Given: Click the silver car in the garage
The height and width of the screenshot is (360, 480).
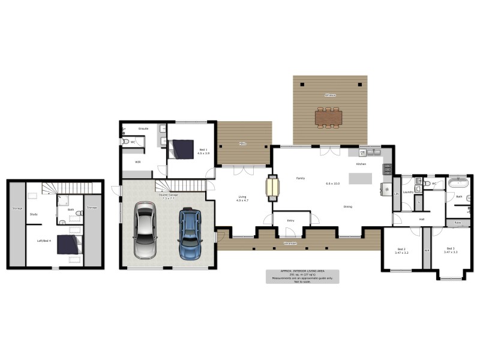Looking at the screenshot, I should click(x=145, y=230).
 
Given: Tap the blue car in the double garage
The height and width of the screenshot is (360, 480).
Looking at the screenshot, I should click(x=190, y=233).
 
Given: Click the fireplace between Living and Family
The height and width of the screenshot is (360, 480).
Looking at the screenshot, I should click(x=272, y=187).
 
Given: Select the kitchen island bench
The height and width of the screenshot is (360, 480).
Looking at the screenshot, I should click(x=361, y=179).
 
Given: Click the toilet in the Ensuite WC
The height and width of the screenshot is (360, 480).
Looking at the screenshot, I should click(x=126, y=142).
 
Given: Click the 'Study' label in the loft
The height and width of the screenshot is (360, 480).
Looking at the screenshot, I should click(x=34, y=214).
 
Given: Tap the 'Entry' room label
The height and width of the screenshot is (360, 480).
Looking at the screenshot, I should click(x=290, y=220).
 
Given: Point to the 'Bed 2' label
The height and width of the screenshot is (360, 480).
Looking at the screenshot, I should click(x=401, y=249).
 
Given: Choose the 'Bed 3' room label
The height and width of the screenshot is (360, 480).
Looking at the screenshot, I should click(x=451, y=249).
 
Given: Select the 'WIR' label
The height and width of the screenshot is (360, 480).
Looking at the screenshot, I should click(x=137, y=162).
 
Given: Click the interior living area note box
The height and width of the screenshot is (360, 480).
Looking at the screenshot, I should click(x=302, y=276).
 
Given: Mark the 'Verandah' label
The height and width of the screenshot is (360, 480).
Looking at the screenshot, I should click(x=290, y=244).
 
